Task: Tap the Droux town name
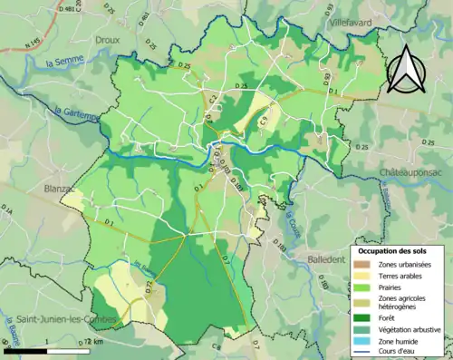(108, 40)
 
